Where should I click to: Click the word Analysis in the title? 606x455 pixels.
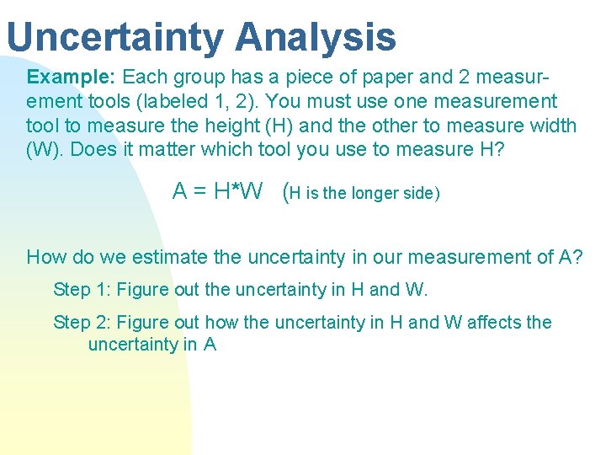pos(316,37)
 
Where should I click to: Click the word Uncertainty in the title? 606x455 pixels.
pos(116,37)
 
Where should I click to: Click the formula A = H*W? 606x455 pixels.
pos(217,192)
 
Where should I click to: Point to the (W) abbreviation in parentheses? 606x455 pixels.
pos(42,150)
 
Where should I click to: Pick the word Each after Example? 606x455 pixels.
pos(144,78)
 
